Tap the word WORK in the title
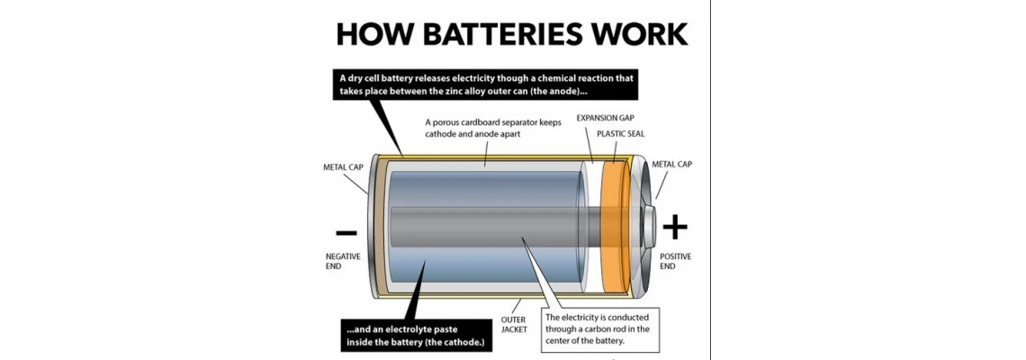pyautogui.click(x=637, y=34)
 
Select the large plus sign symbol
pyautogui.click(x=674, y=228)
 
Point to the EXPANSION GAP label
pyautogui.click(x=608, y=118)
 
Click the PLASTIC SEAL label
pyautogui.click(x=620, y=134)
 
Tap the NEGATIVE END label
pyautogui.click(x=343, y=261)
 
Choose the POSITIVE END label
pyautogui.click(x=675, y=261)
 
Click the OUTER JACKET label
pyautogui.click(x=514, y=325)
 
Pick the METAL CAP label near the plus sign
pyautogui.click(x=672, y=165)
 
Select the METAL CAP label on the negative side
pyautogui.click(x=343, y=167)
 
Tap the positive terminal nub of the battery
pyautogui.click(x=652, y=225)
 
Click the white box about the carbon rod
pyautogui.click(x=602, y=328)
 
